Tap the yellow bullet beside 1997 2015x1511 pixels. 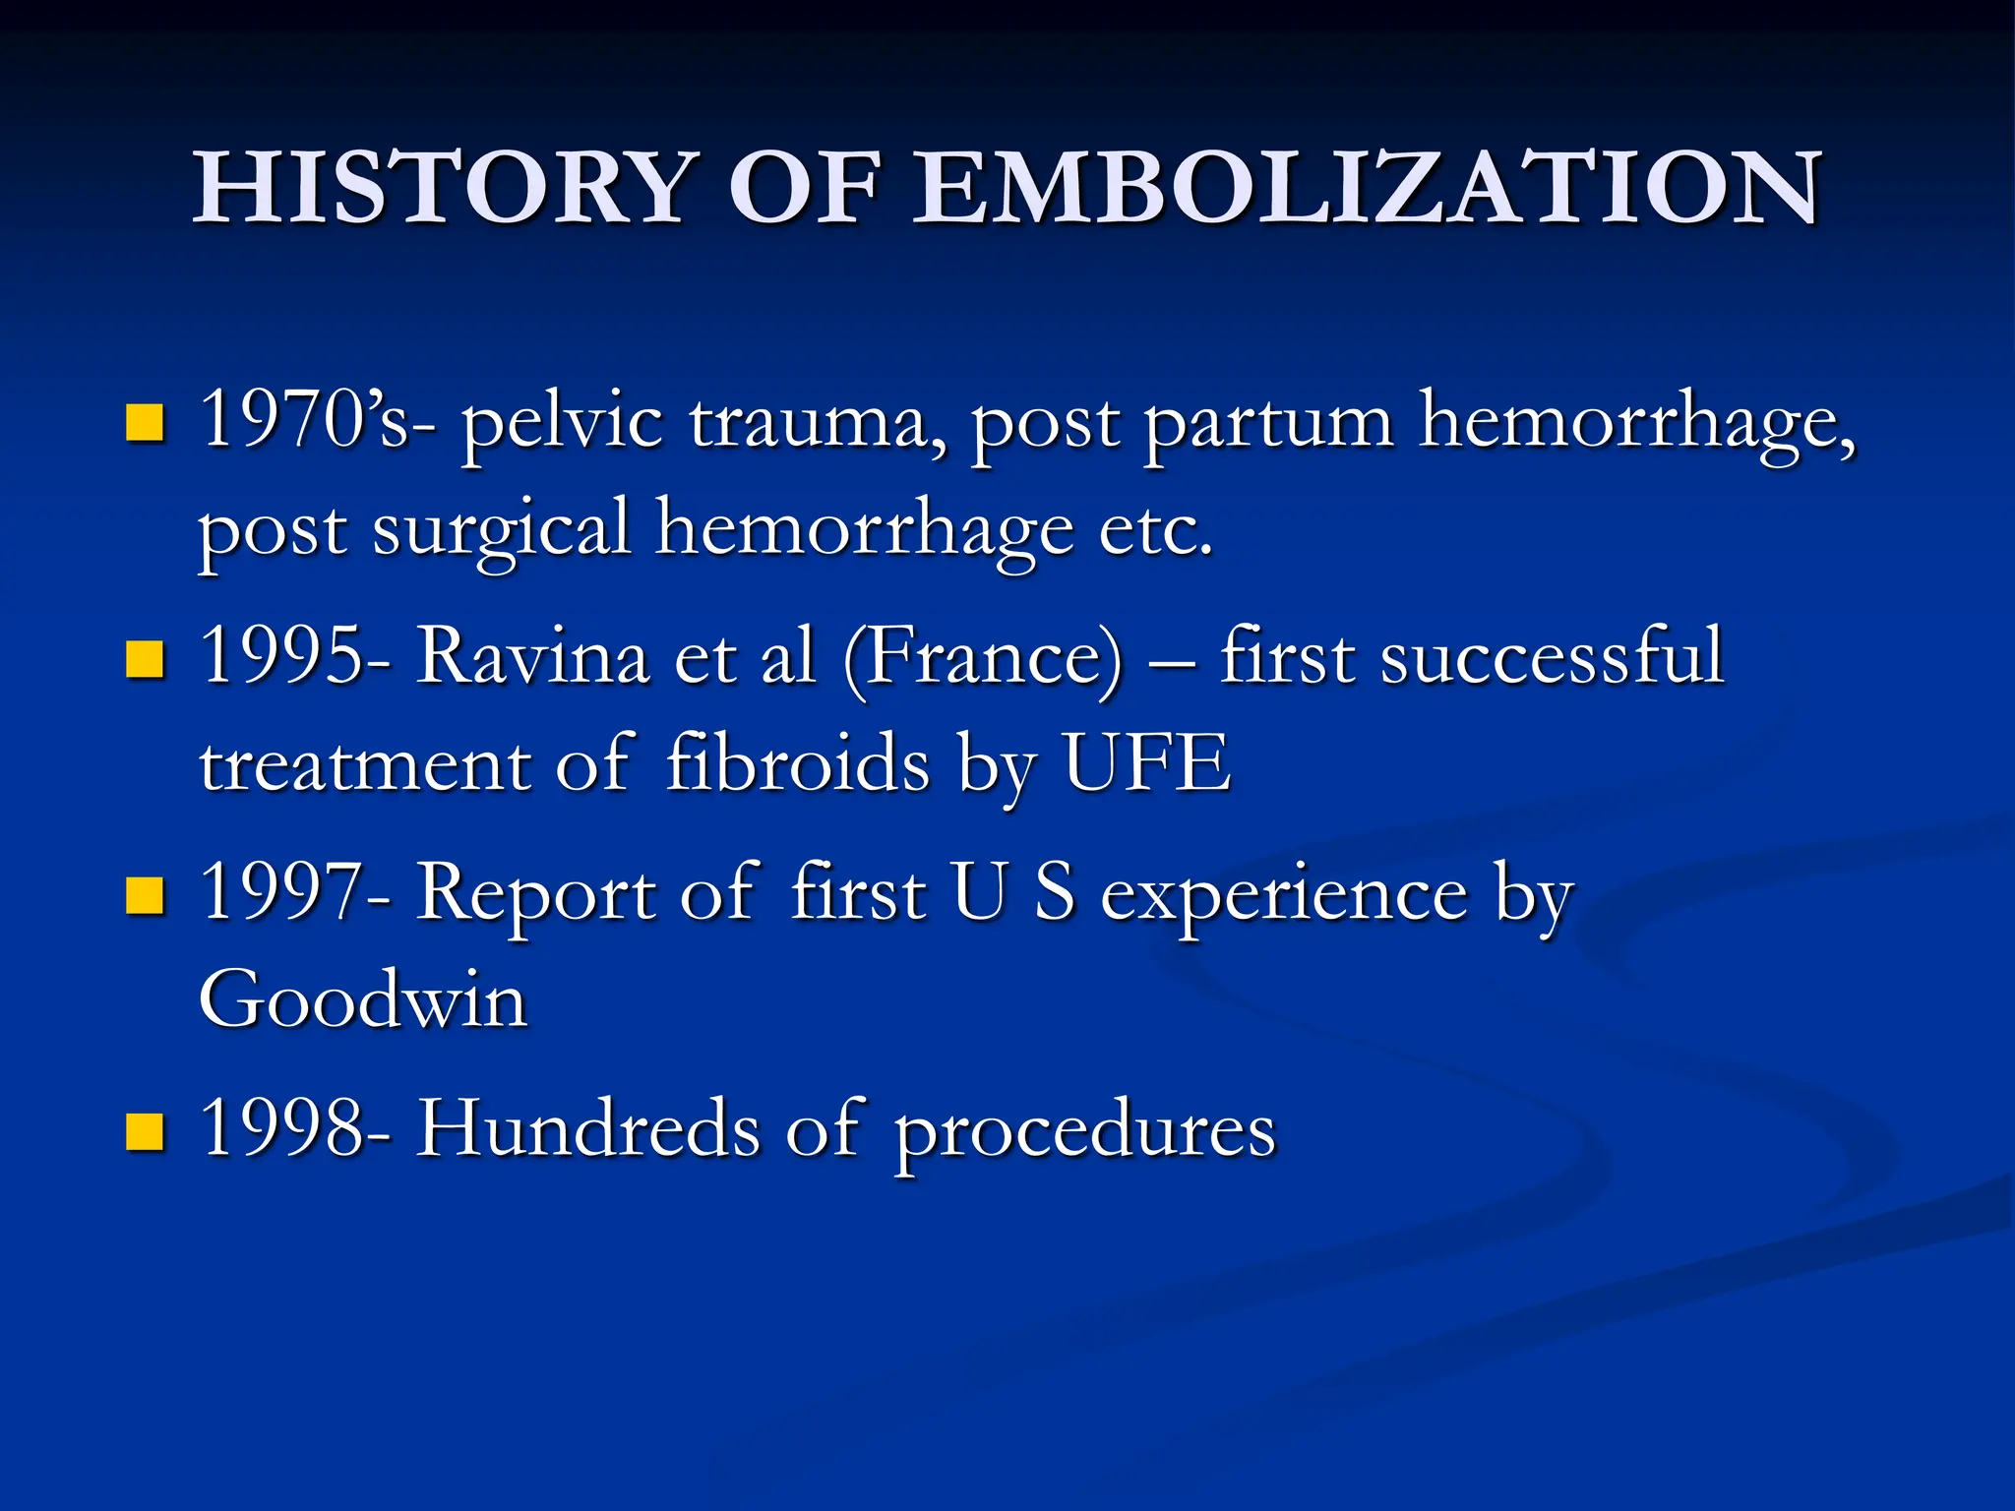click(145, 895)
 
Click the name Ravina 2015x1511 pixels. click(532, 656)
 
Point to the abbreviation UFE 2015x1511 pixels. click(1146, 762)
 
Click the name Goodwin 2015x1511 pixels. click(363, 999)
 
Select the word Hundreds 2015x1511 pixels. click(587, 1128)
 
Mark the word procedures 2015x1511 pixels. click(1084, 1131)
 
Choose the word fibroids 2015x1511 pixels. click(797, 762)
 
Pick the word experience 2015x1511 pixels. click(1284, 895)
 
